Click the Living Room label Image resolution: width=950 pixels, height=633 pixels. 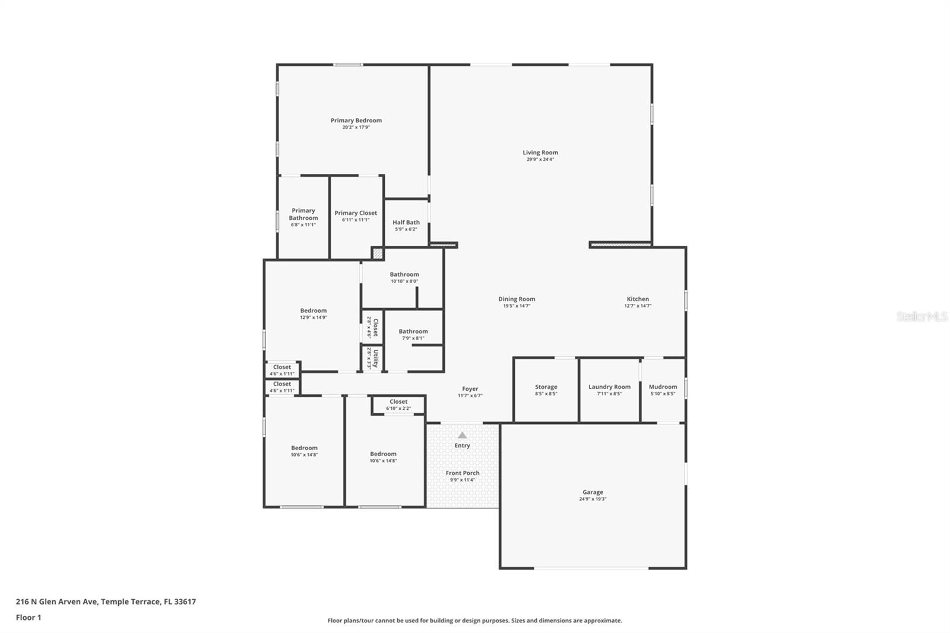[540, 153]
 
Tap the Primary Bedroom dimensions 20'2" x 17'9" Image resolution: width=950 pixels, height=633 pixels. [356, 128]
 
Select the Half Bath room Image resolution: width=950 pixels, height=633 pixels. [406, 225]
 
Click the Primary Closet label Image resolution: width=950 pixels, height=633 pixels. [356, 213]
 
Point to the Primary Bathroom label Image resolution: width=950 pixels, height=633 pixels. [303, 214]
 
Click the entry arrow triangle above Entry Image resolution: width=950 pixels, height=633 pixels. [462, 435]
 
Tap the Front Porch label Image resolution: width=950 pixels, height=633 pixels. [463, 473]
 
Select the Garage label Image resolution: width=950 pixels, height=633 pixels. [593, 492]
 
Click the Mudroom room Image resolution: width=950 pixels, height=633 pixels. [663, 390]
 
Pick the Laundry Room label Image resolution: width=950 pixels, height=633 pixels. [609, 387]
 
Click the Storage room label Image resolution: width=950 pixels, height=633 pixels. [546, 387]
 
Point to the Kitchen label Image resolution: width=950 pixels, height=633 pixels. [638, 299]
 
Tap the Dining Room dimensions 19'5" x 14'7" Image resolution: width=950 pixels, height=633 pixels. [517, 306]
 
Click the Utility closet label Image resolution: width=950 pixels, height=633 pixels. [375, 358]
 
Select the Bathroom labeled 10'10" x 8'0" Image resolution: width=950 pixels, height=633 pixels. [404, 277]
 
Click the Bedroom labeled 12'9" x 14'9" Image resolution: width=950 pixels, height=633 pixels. [313, 314]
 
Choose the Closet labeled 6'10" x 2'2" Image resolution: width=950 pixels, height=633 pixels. [398, 404]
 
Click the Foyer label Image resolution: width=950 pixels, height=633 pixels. [470, 390]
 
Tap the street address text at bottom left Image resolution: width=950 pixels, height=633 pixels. [106, 602]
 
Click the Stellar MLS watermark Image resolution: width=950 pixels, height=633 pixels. [921, 316]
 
